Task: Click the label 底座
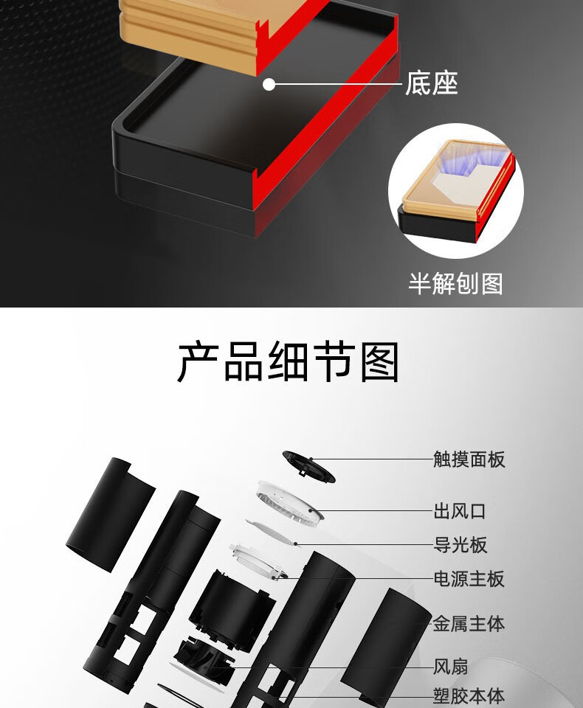(431, 83)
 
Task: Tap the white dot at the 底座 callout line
(269, 84)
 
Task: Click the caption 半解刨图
(455, 283)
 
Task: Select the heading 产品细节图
(288, 362)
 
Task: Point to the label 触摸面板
(469, 459)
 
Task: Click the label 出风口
(460, 511)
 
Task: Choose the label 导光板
(460, 544)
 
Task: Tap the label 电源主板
(469, 578)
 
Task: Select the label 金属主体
(469, 624)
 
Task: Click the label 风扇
(451, 667)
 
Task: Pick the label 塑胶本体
(469, 695)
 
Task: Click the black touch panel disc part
(309, 467)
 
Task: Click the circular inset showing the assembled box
(455, 190)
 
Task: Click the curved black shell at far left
(111, 515)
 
